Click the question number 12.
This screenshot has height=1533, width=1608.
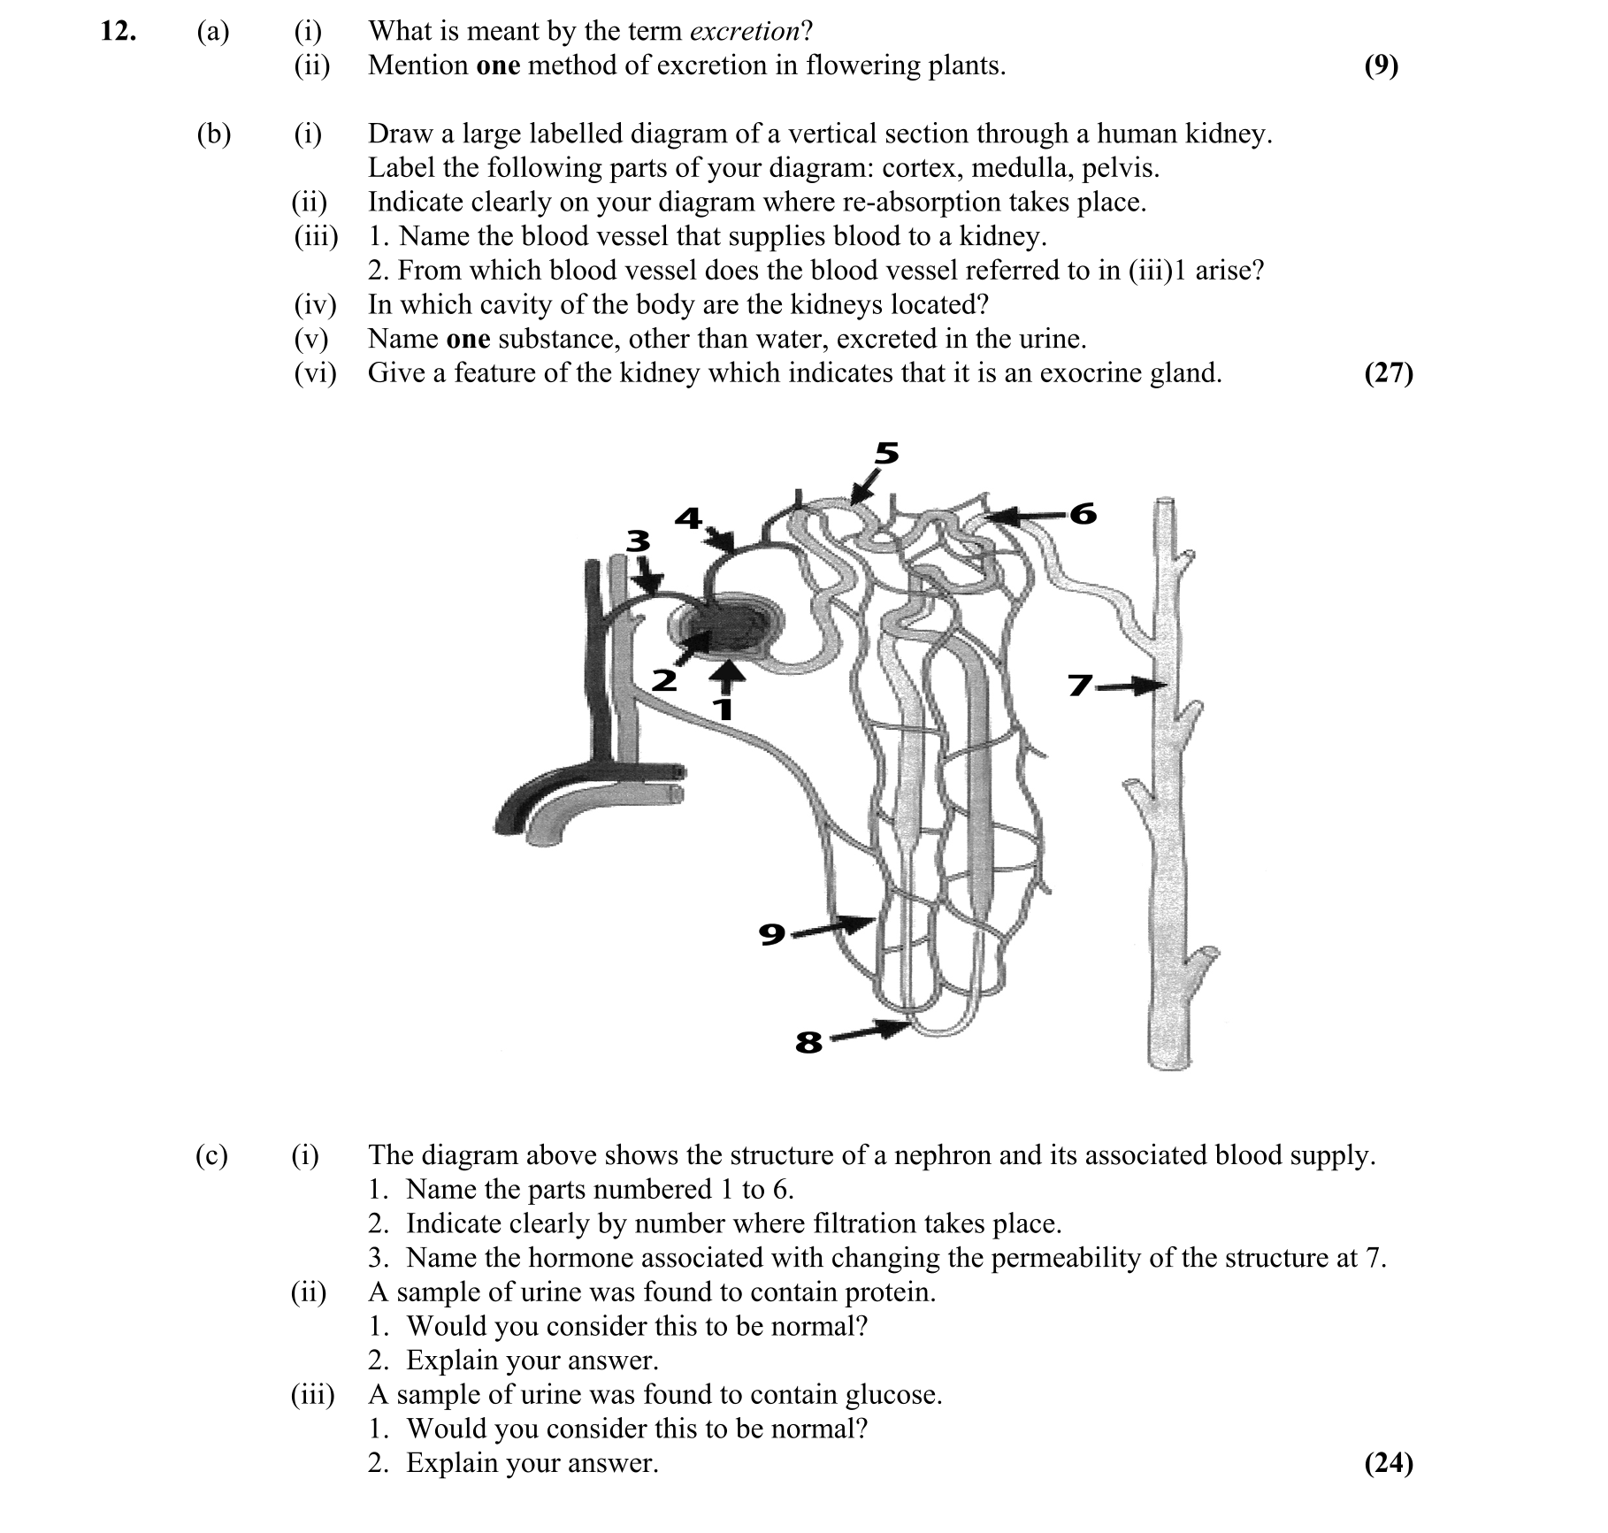118,32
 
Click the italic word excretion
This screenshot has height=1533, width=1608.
744,32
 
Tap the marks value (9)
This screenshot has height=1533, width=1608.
1381,65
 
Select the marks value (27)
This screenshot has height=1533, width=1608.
1389,373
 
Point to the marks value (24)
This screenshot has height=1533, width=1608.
1389,1463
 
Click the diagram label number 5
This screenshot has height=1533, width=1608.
886,454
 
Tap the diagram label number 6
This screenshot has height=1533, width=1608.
1083,514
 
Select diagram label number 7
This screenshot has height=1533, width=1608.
1080,686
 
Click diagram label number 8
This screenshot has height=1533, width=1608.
808,1043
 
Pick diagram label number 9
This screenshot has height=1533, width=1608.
772,933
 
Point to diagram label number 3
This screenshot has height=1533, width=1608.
638,540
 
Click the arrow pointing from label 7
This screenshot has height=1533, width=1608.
1131,686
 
